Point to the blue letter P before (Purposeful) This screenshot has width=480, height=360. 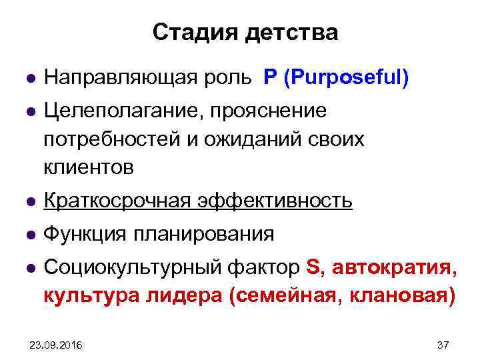coord(270,78)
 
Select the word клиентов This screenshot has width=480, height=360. coord(89,168)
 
